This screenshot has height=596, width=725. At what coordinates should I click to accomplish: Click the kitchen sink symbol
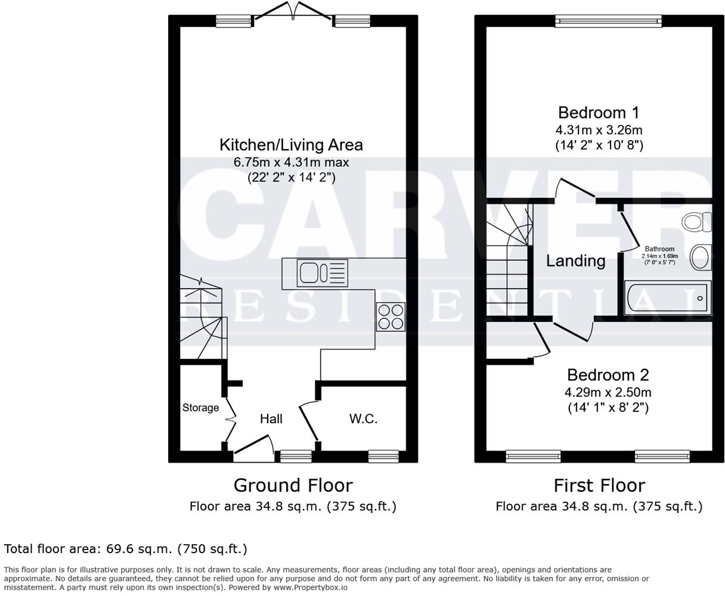(x=323, y=274)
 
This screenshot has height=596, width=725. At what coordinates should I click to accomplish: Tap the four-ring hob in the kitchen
(x=391, y=316)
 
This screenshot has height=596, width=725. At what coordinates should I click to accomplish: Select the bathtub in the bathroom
(x=667, y=297)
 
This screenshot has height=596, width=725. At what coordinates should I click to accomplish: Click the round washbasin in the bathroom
(x=700, y=257)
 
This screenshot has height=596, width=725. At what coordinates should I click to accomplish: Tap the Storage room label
(x=200, y=408)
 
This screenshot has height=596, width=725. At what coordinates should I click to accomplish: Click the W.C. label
(x=363, y=419)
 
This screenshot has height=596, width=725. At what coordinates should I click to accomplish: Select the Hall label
(x=271, y=419)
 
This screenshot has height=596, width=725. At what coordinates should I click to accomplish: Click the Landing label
(x=575, y=260)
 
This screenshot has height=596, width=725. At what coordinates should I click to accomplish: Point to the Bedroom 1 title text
(x=599, y=113)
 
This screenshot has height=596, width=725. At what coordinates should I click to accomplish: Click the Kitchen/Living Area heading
(x=291, y=145)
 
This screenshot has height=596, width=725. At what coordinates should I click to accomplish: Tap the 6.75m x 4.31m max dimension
(x=291, y=162)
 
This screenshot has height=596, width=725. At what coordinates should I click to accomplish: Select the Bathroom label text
(x=659, y=249)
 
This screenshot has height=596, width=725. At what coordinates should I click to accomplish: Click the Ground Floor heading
(x=293, y=485)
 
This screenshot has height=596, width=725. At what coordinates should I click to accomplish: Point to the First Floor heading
(x=599, y=485)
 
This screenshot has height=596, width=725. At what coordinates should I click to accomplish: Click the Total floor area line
(x=125, y=548)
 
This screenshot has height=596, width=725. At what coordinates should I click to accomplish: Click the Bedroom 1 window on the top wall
(x=608, y=21)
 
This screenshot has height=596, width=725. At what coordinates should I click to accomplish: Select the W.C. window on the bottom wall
(x=383, y=457)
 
